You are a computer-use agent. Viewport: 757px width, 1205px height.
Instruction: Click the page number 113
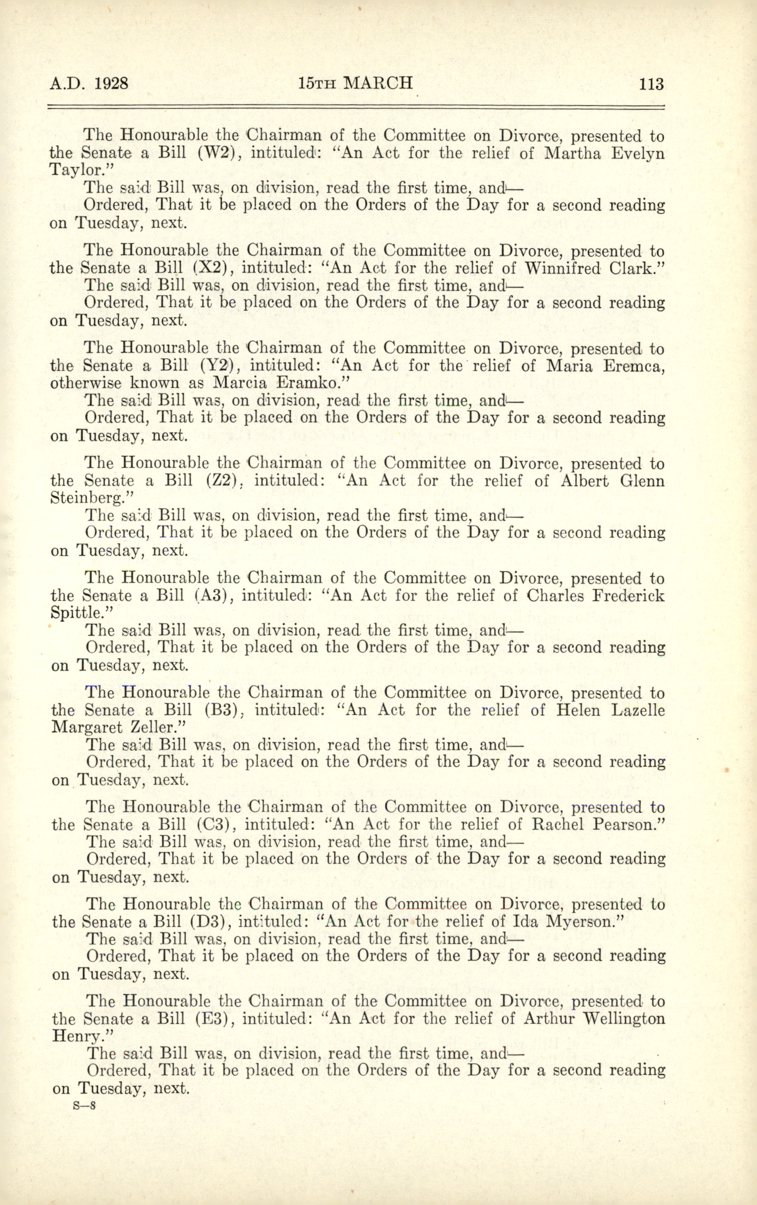coord(651,84)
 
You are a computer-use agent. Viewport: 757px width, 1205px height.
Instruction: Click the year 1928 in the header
coord(111,83)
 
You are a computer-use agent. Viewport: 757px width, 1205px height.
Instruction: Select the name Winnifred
coord(563,268)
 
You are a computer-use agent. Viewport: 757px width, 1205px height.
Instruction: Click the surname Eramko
coord(311,383)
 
